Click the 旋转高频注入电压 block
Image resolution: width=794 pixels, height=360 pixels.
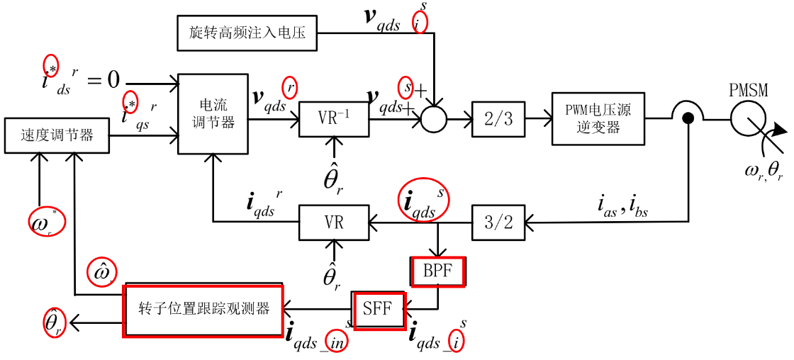click(x=247, y=32)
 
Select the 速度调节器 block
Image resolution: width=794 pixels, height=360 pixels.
click(x=57, y=135)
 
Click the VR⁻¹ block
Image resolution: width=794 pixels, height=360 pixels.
click(x=334, y=119)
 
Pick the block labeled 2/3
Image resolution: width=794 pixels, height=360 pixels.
click(x=498, y=118)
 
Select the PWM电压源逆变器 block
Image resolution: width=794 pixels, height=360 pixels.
click(x=598, y=118)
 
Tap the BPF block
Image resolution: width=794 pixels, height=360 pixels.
click(x=437, y=271)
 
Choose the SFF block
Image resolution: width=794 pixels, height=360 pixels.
click(x=380, y=309)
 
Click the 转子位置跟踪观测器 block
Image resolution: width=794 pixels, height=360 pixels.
click(x=203, y=310)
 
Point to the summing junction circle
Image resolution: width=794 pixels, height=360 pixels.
click(x=434, y=118)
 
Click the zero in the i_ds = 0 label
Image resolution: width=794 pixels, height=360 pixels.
click(x=113, y=79)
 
